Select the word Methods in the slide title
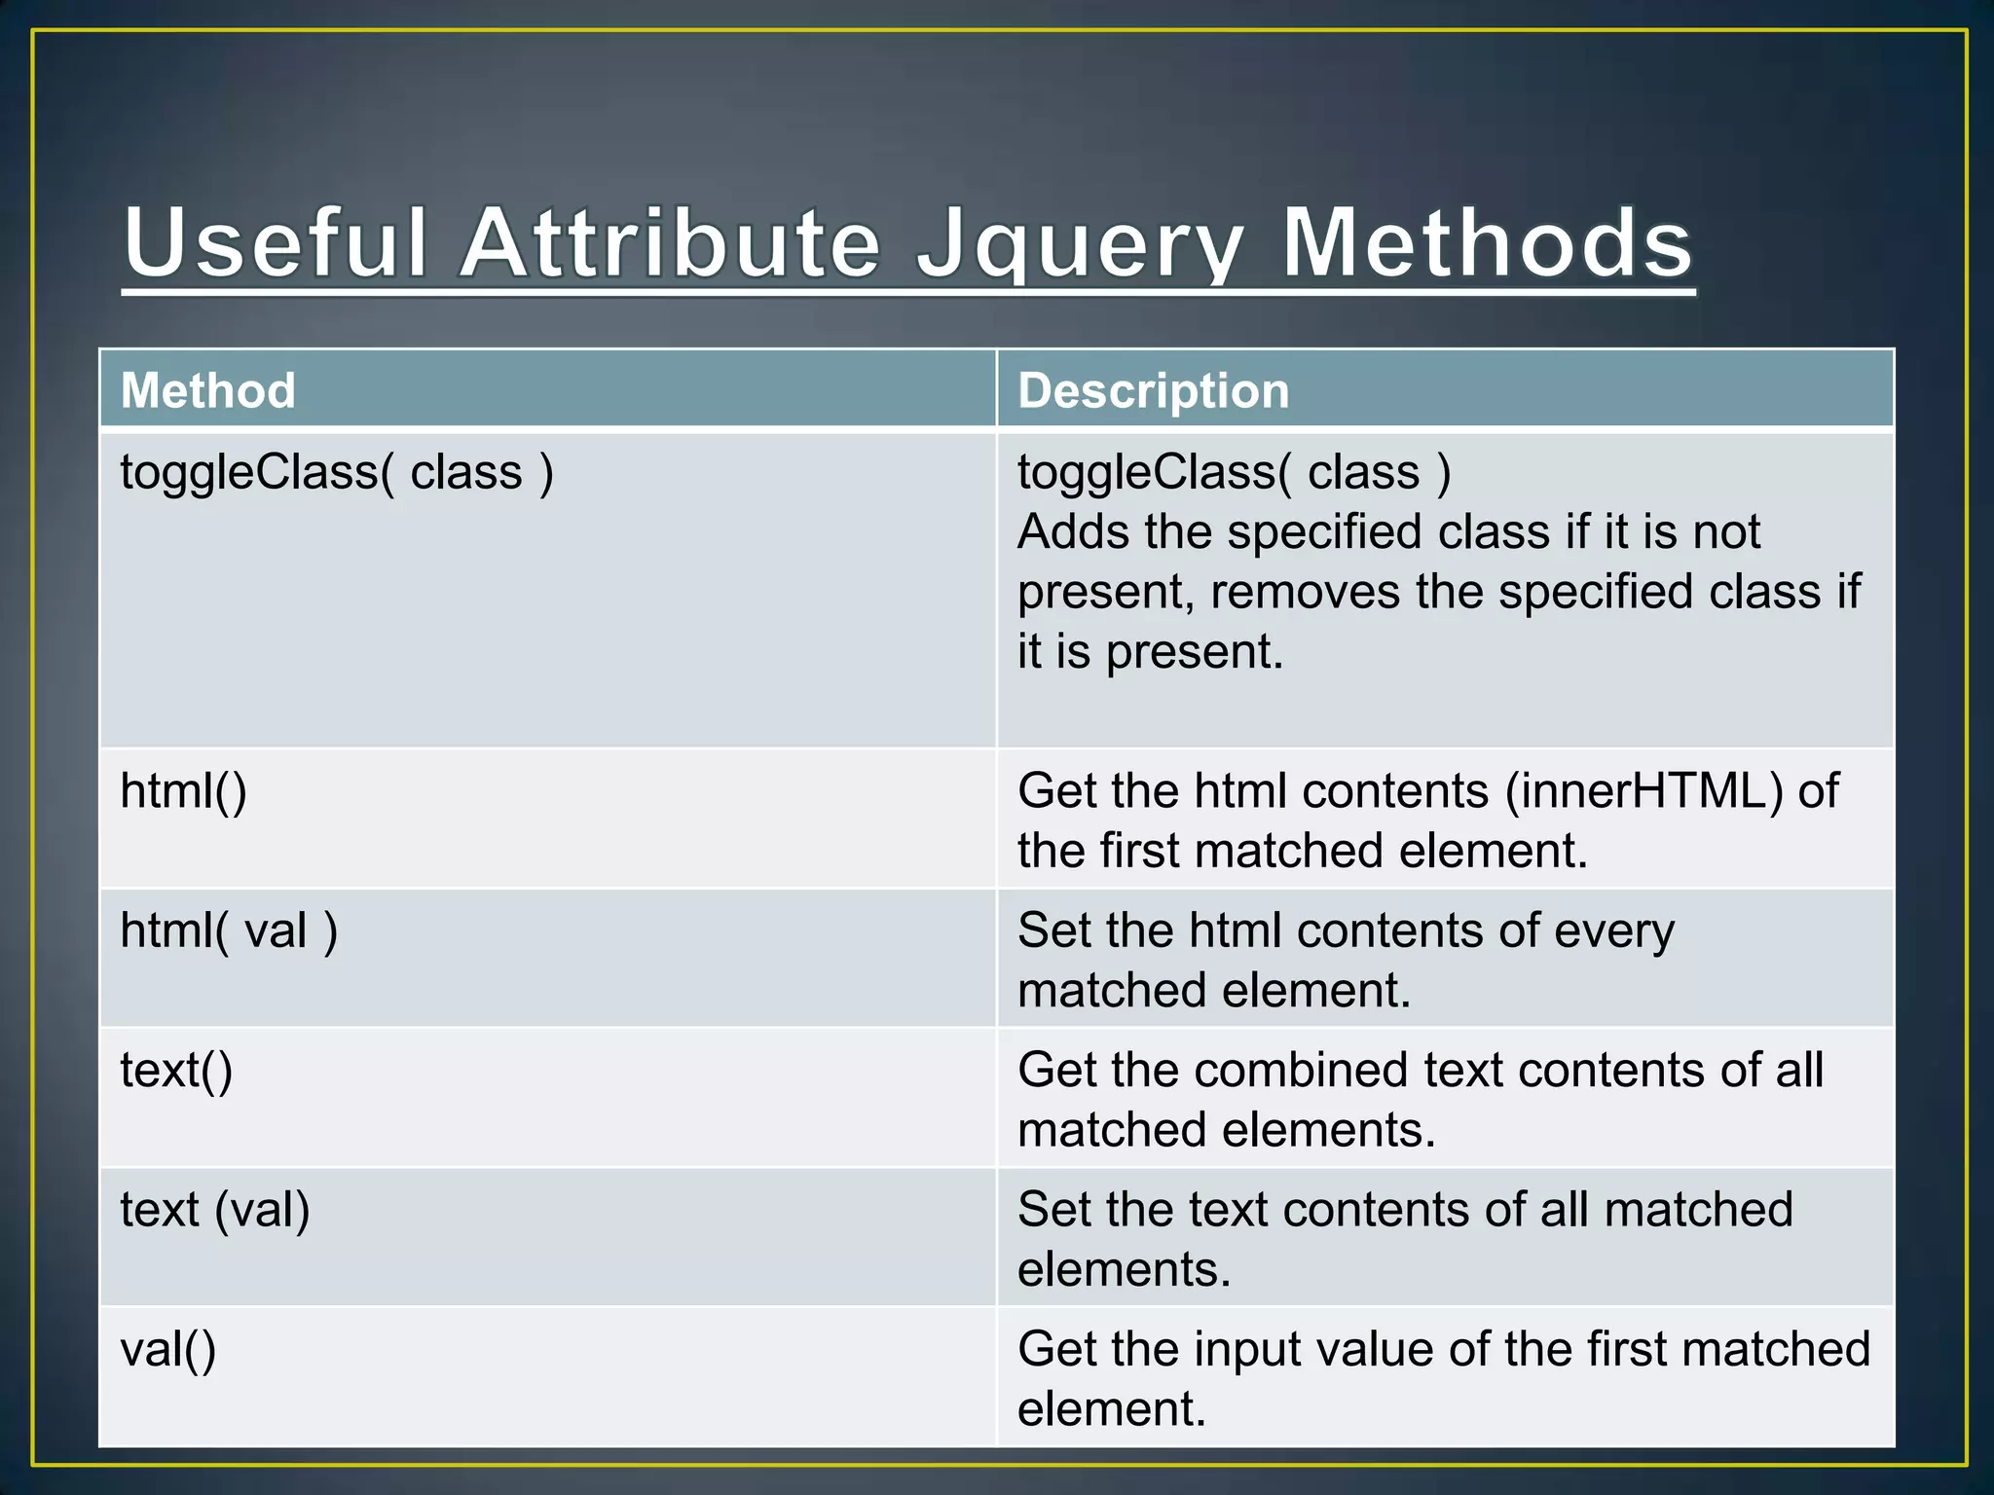pos(1487,243)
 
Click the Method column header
pos(207,390)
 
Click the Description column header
pos(1153,390)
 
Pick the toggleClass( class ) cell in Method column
pos(337,473)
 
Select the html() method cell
pos(183,790)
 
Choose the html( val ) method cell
pos(229,930)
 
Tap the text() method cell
pos(176,1070)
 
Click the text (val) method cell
pos(215,1210)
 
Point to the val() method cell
pos(167,1350)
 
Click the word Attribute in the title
pos(670,243)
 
